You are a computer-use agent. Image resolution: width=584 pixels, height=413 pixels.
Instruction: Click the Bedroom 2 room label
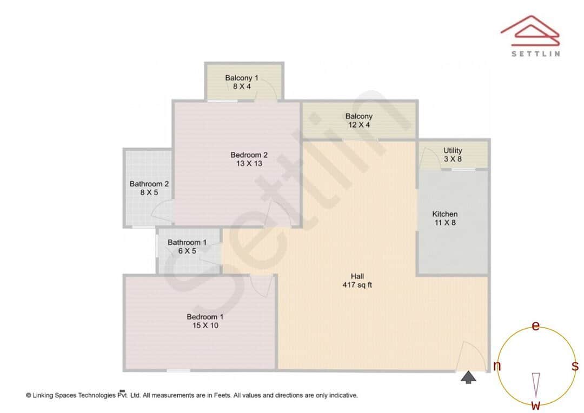click(249, 155)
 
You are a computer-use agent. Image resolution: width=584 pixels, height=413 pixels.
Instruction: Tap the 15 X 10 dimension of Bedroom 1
click(203, 325)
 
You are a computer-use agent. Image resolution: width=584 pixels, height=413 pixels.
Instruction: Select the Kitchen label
click(445, 214)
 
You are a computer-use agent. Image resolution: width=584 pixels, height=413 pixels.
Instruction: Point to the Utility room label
click(453, 150)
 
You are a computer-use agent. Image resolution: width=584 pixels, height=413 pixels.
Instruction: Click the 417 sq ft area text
click(357, 285)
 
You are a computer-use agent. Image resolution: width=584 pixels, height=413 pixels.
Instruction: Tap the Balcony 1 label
click(238, 78)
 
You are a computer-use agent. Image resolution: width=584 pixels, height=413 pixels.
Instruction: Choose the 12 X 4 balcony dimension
click(359, 125)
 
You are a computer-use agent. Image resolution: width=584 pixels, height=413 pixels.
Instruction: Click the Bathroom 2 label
click(149, 184)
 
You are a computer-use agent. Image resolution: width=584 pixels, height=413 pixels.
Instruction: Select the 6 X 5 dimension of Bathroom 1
click(187, 251)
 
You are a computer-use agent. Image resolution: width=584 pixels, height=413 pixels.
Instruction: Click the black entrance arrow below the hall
click(468, 377)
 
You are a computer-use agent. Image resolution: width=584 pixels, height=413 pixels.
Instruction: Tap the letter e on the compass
click(536, 326)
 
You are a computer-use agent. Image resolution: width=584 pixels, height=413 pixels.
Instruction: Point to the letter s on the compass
click(575, 366)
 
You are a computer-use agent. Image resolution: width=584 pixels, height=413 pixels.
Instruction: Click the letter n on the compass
click(497, 367)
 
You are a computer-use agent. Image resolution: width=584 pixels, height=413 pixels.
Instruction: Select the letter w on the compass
click(535, 405)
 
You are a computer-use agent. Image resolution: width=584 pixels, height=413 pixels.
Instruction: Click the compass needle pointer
click(536, 384)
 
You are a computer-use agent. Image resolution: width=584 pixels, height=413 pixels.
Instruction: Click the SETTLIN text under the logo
click(535, 54)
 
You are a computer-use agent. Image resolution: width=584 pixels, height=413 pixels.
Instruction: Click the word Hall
click(357, 276)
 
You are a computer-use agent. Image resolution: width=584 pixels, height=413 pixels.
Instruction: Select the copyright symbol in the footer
click(28, 395)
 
